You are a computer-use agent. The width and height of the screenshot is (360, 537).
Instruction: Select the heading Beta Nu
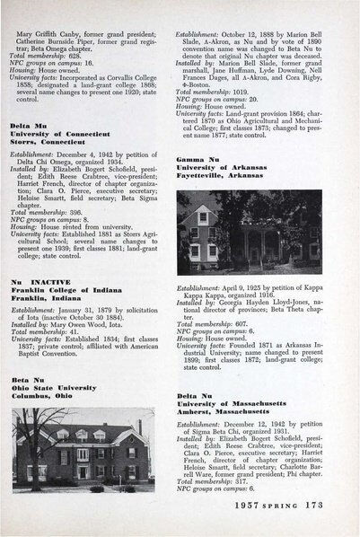pos(30,381)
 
